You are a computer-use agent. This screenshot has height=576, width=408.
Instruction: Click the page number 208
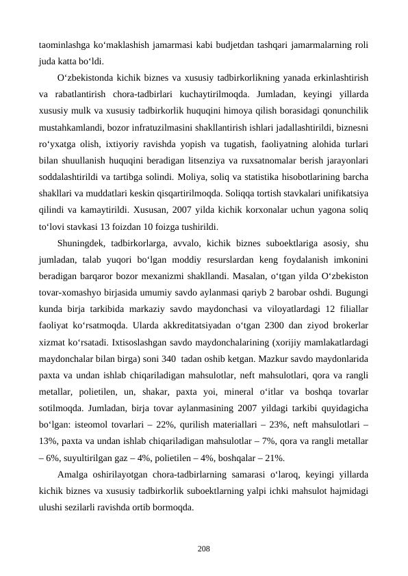point(203,549)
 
